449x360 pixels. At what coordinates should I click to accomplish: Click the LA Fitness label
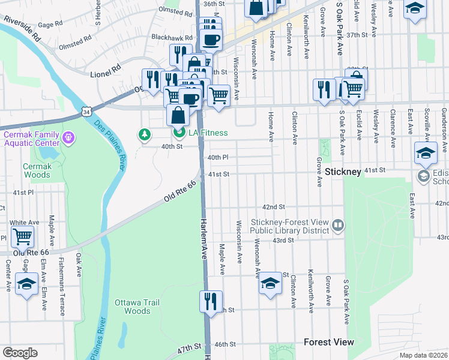pyautogui.click(x=208, y=133)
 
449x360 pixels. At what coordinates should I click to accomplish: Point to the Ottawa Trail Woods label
pyautogui.click(x=137, y=307)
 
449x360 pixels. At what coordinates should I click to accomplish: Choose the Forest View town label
pyautogui.click(x=328, y=342)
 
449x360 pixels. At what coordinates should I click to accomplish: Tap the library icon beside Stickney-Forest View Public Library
pyautogui.click(x=338, y=226)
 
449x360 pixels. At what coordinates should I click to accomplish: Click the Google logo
pyautogui.click(x=20, y=352)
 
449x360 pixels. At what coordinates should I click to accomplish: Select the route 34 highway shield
pyautogui.click(x=87, y=112)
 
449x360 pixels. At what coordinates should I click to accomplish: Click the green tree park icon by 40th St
pyautogui.click(x=145, y=134)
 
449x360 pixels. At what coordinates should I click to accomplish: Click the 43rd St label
pyautogui.click(x=283, y=240)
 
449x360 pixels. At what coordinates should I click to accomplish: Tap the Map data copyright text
pyautogui.click(x=423, y=355)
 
